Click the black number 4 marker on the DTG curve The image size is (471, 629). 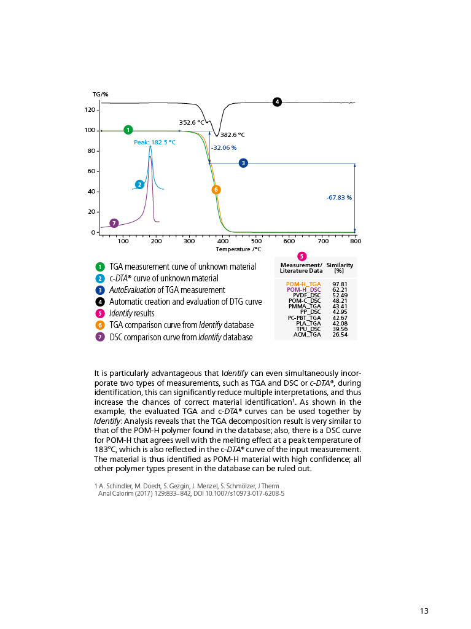click(277, 102)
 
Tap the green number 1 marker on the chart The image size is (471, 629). click(128, 130)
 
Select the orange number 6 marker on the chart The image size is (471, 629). click(216, 190)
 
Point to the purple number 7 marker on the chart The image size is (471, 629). click(114, 223)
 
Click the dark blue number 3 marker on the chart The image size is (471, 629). click(243, 163)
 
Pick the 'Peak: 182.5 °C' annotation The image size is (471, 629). click(155, 142)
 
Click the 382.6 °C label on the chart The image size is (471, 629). click(233, 135)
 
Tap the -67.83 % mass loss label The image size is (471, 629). click(339, 198)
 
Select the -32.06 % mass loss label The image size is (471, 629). click(224, 148)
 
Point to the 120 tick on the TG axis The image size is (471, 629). click(90, 110)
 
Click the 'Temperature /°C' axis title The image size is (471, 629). click(238, 249)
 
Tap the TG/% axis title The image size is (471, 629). click(100, 94)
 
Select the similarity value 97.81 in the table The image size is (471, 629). click(340, 284)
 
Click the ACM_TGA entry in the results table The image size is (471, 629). click(305, 335)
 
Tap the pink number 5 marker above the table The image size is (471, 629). click(302, 256)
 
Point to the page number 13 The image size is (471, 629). click(424, 611)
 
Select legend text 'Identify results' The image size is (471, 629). click(132, 313)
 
